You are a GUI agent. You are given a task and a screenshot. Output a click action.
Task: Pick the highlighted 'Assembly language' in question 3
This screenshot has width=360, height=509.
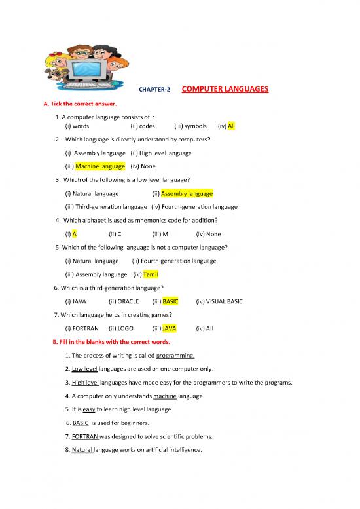click(x=187, y=194)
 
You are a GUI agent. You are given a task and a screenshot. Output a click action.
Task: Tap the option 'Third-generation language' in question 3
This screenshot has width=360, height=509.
click(x=105, y=206)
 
